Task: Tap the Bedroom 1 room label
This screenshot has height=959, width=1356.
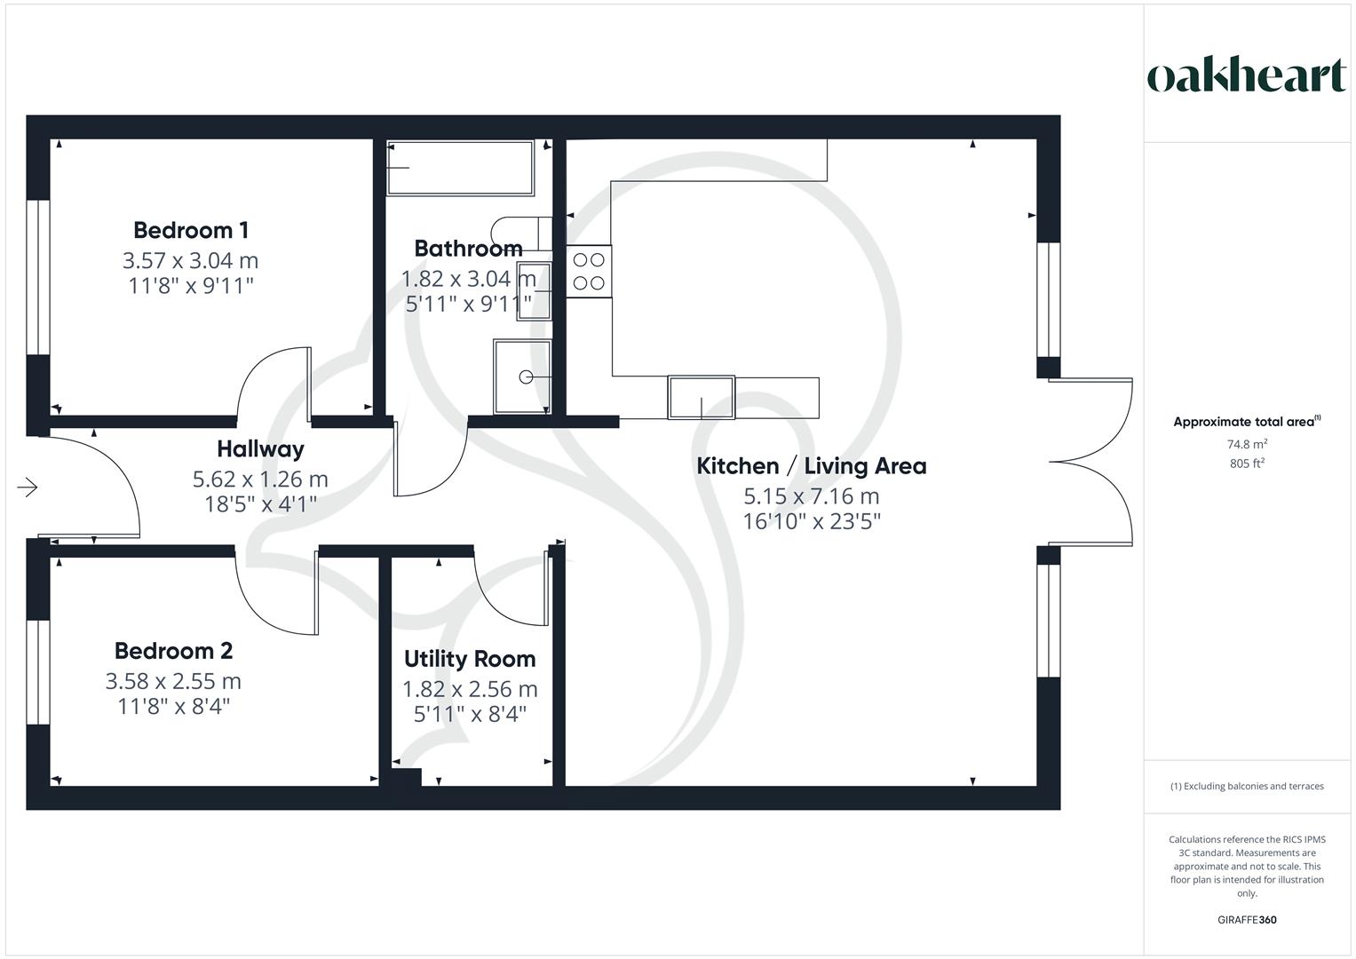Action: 191,230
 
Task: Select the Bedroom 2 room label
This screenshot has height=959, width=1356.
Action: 174,651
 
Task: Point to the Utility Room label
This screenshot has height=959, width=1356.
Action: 470,659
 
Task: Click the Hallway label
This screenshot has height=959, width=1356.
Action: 260,449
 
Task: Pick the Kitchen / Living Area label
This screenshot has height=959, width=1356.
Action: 811,466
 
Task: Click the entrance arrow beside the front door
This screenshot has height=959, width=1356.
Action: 28,487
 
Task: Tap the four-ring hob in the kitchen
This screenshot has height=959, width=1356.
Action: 589,271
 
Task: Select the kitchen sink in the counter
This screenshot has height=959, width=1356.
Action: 701,397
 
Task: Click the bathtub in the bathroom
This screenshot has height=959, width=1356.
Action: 460,168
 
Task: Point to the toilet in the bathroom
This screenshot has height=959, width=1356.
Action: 521,234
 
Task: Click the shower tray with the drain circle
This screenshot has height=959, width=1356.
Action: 522,376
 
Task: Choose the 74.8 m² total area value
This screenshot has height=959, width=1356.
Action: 1247,444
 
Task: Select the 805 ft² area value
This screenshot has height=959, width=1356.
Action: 1247,464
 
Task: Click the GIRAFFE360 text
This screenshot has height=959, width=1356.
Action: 1247,920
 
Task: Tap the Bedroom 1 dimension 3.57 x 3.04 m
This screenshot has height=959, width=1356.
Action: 191,260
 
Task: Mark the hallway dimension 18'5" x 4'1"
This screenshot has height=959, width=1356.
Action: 260,503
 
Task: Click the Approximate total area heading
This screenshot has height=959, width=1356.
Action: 1247,422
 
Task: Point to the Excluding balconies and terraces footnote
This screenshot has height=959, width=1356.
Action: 1247,786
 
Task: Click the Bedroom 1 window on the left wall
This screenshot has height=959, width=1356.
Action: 38,277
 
